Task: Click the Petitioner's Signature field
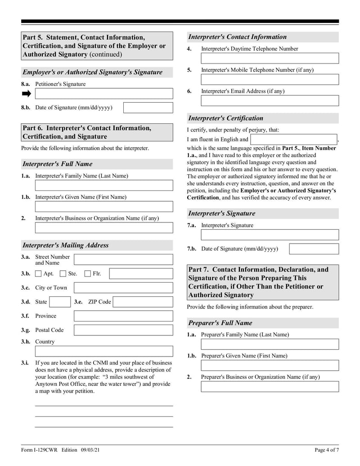click(x=103, y=94)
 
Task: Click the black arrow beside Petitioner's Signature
click(x=27, y=94)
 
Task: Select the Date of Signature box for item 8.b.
click(x=148, y=108)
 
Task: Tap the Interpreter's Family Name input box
click(x=103, y=185)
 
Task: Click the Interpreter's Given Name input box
click(x=103, y=207)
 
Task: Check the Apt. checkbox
click(x=38, y=273)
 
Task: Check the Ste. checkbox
click(x=63, y=273)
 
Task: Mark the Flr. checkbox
click(x=88, y=273)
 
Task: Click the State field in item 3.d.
click(x=59, y=302)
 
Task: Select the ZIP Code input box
click(x=143, y=302)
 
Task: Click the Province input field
click(x=123, y=316)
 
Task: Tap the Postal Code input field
click(x=123, y=330)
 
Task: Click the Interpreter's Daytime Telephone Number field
click(x=270, y=59)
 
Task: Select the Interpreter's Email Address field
click(x=270, y=101)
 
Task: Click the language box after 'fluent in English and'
click(x=293, y=140)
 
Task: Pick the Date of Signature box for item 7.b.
click(x=314, y=249)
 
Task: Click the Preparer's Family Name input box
click(x=270, y=344)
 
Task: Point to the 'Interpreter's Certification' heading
click(x=225, y=118)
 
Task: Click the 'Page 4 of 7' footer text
click(x=326, y=450)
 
